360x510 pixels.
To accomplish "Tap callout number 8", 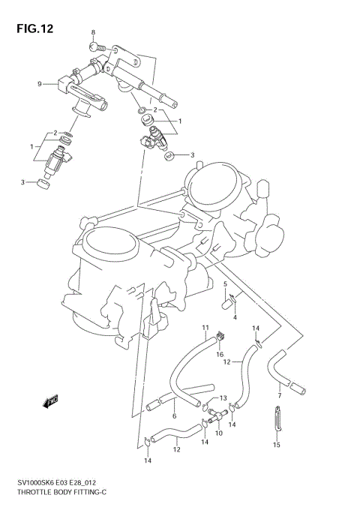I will tap(94, 32).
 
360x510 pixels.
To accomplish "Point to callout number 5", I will tap(224, 283).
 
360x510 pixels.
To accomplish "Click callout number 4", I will tap(235, 317).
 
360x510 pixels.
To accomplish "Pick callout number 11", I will tap(204, 328).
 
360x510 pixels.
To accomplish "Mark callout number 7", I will tap(279, 395).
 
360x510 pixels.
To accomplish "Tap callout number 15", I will tap(277, 445).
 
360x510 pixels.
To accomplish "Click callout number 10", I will tap(219, 433).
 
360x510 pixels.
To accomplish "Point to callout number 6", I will tap(174, 416).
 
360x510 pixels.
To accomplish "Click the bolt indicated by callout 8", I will tap(97, 46).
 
